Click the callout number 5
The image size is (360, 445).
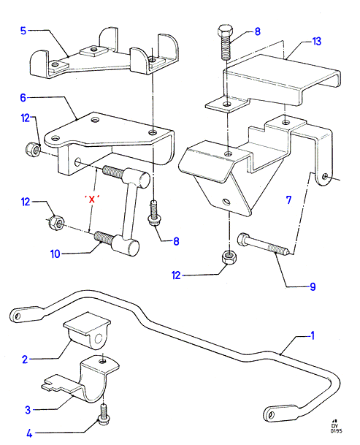tap(23, 31)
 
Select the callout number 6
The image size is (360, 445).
tap(23, 98)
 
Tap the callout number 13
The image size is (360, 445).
tap(317, 42)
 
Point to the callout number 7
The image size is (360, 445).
tap(288, 200)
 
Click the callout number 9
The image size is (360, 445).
tap(313, 286)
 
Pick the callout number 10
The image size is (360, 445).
tap(55, 254)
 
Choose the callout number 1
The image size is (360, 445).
tap(313, 335)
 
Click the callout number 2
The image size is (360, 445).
tap(25, 360)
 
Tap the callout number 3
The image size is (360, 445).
tap(28, 410)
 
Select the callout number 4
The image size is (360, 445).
tap(29, 433)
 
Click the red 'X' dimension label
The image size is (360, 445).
tap(92, 199)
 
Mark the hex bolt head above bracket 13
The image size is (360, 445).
tap(225, 30)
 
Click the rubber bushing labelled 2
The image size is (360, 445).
tap(87, 331)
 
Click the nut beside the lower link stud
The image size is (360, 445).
tap(56, 223)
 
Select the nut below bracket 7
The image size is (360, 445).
tap(229, 257)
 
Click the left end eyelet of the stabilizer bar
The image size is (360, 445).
tap(17, 316)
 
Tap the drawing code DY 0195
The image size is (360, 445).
tap(336, 428)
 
